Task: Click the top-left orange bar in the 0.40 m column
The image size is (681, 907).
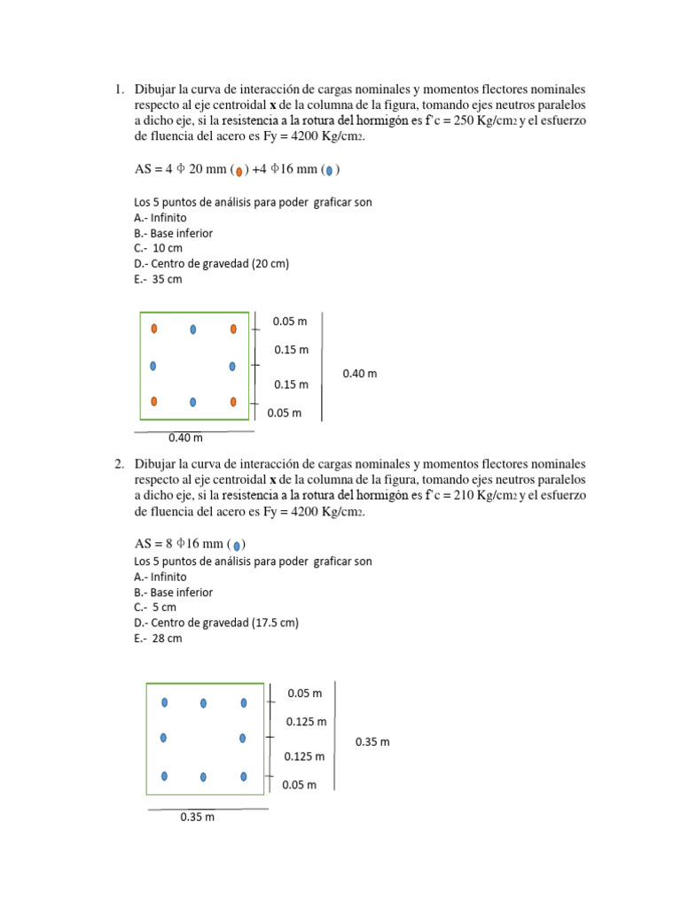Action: point(154,329)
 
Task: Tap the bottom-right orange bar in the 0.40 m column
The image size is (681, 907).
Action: point(233,401)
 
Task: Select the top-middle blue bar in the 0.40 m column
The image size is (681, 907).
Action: point(192,329)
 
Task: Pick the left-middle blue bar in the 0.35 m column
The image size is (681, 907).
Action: point(164,738)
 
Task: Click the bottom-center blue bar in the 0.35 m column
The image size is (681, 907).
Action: point(203,777)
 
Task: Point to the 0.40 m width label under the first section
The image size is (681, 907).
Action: point(185,438)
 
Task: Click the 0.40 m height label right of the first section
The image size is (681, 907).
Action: point(359,374)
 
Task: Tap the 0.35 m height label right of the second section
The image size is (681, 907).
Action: point(372,741)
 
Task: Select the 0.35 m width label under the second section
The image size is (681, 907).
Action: point(197,818)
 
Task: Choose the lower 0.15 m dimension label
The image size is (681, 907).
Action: point(291,384)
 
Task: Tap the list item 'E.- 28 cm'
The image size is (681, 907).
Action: point(158,639)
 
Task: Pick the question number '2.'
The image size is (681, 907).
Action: point(119,464)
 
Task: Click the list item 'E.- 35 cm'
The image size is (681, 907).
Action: point(158,280)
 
